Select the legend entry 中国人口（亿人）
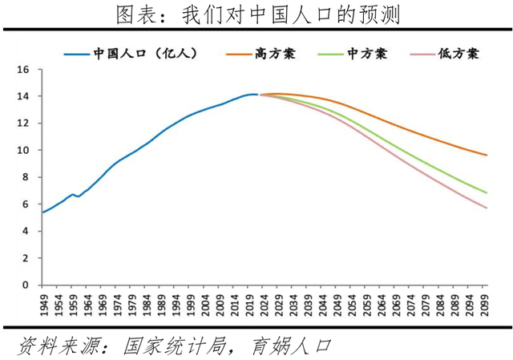click(x=132, y=54)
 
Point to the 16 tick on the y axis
click(x=23, y=70)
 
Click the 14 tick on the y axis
click(x=23, y=96)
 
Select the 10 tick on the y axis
click(x=23, y=150)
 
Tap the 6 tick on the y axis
click(x=26, y=204)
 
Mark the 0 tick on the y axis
click(x=26, y=285)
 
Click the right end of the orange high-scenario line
click(x=487, y=155)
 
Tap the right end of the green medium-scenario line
click(x=487, y=192)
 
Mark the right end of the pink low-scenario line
click(x=487, y=208)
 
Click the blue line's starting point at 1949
click(x=42, y=212)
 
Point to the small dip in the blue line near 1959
click(x=77, y=196)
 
